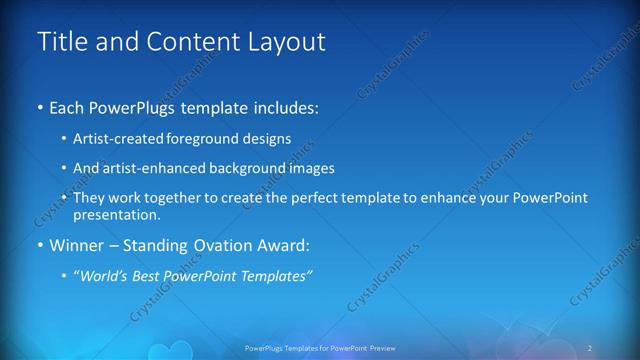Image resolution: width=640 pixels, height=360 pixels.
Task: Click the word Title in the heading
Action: click(x=59, y=42)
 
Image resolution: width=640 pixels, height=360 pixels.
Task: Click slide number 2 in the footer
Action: click(x=590, y=347)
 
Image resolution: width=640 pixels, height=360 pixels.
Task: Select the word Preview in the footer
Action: click(x=380, y=347)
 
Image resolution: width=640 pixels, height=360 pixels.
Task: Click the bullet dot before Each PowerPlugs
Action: click(x=39, y=107)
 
